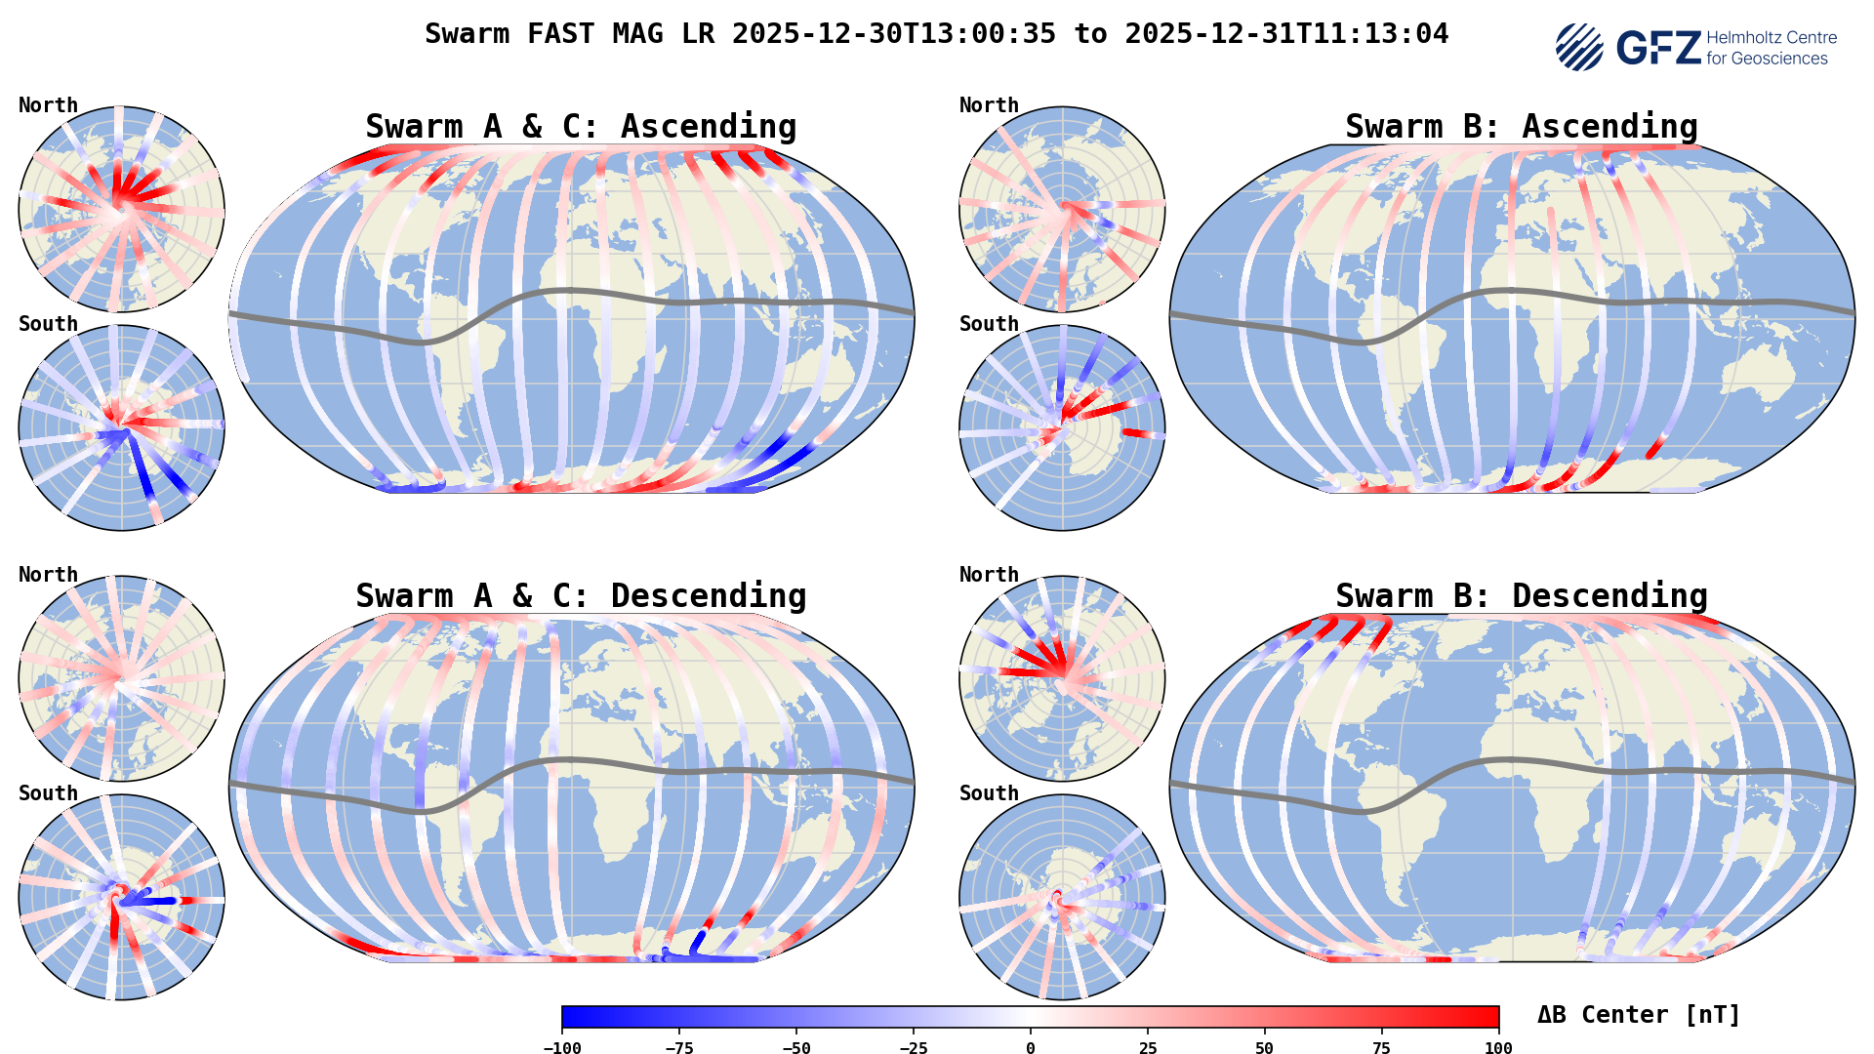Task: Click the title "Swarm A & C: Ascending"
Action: [581, 127]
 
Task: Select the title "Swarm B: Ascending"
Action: [1521, 127]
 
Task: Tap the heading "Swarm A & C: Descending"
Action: [581, 596]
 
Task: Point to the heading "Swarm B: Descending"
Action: [1521, 596]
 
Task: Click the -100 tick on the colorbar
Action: [562, 1048]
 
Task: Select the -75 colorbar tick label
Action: [679, 1048]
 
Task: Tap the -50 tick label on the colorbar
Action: [796, 1048]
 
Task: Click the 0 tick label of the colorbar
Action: [1031, 1048]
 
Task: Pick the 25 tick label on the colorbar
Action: [1148, 1048]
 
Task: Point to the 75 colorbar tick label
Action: [1382, 1048]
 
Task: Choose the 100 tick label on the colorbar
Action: [1498, 1048]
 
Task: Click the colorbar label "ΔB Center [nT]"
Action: [1639, 1015]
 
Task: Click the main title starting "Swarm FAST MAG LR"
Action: [936, 34]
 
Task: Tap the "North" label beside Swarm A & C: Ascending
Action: [48, 105]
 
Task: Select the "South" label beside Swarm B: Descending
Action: [989, 793]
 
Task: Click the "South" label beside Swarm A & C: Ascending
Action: [48, 324]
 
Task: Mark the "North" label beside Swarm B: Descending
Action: [989, 575]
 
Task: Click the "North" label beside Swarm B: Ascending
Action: [989, 105]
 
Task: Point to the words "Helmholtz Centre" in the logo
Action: [1772, 38]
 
